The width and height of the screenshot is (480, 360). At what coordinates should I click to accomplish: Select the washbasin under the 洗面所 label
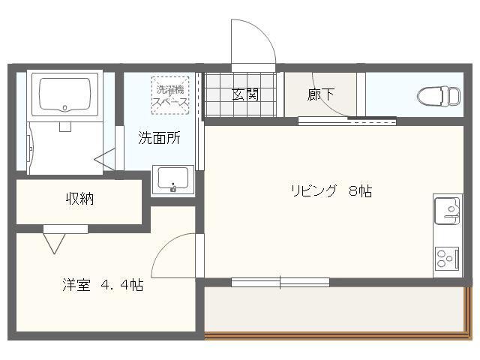[173, 180]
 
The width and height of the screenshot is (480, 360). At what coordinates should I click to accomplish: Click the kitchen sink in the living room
[448, 210]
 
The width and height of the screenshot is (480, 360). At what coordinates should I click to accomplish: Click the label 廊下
[321, 95]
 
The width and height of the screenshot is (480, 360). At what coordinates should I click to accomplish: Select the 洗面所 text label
[159, 138]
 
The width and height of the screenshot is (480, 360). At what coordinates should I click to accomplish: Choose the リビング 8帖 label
[331, 190]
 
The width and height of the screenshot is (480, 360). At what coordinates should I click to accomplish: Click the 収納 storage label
[79, 199]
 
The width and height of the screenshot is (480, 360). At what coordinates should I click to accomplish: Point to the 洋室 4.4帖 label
[103, 285]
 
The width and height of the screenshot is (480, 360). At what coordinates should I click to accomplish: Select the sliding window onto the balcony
[280, 282]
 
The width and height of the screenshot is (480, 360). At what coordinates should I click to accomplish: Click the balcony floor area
[334, 309]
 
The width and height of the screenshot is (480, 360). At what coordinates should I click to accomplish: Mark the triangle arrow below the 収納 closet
[54, 242]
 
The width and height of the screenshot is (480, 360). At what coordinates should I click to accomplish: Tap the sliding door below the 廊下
[346, 120]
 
